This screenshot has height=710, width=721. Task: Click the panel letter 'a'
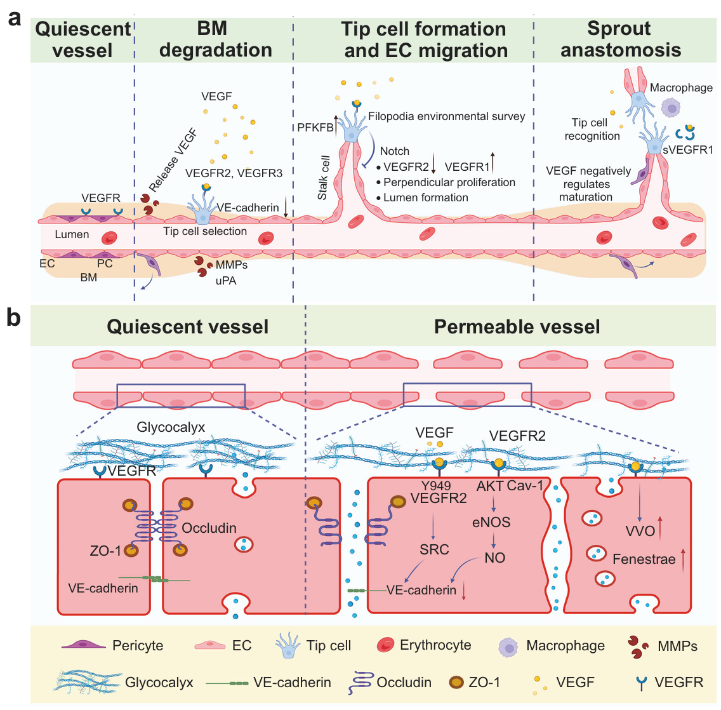(15, 18)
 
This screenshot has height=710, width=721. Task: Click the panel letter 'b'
(14, 318)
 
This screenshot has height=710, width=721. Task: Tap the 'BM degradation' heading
(215, 39)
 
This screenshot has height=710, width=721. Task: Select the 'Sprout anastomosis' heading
(620, 39)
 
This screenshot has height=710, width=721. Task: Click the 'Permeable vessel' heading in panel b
(517, 326)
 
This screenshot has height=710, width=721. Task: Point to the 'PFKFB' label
(315, 128)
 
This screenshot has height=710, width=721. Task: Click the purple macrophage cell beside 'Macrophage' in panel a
(671, 108)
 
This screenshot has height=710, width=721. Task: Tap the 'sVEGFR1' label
(688, 149)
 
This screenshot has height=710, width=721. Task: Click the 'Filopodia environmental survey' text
(446, 116)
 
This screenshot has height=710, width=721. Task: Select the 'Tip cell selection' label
(205, 231)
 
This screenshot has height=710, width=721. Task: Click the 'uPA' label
(226, 281)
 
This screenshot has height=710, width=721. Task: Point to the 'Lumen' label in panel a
(72, 234)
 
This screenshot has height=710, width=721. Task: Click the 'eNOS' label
(491, 522)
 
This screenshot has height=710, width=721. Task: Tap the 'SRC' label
(434, 549)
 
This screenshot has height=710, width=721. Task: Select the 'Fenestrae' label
(644, 559)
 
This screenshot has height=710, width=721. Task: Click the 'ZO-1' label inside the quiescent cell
(105, 551)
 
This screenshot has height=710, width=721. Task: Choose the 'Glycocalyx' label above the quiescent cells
(171, 427)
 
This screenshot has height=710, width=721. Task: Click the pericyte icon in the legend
(83, 645)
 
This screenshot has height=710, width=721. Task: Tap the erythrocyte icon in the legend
(385, 645)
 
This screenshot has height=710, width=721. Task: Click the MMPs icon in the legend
(638, 646)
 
